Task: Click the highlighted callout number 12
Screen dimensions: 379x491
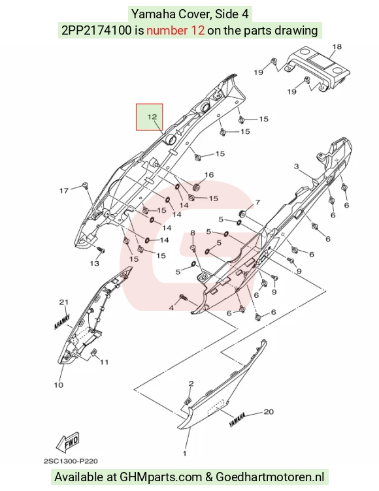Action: coord(152,117)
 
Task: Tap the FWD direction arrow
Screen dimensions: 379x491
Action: coord(68,441)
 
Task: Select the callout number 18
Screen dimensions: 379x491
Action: coord(337,46)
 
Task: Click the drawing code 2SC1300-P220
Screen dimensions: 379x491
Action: coord(71,461)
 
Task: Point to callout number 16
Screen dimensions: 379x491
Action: coord(209,175)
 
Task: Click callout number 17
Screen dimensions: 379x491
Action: coord(64,191)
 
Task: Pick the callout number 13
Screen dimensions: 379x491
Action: coord(94,263)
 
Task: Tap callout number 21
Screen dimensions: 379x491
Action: coord(64,302)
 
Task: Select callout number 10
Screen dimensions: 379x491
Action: coord(59,385)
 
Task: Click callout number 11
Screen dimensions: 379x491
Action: coord(104,362)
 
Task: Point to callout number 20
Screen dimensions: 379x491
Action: coord(269,411)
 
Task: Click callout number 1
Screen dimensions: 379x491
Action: coord(185,453)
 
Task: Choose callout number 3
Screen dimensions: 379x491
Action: coord(297,166)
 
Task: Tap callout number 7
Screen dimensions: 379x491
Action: coord(257,202)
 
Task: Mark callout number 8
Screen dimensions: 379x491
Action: coord(193,232)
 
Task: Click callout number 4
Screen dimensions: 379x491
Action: coord(171,308)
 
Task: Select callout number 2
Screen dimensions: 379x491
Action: coord(191,383)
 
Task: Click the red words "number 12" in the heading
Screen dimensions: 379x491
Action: coord(176,31)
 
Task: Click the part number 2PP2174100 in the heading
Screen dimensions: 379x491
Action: coord(97,31)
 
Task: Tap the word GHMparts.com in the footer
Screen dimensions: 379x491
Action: coord(161,477)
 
